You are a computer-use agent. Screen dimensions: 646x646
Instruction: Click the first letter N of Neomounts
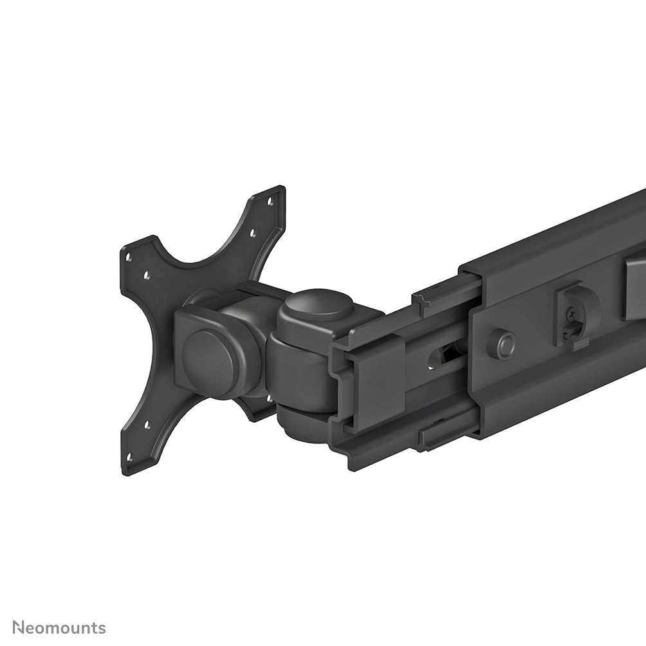coord(19,627)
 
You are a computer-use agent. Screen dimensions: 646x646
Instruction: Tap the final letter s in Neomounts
coord(102,628)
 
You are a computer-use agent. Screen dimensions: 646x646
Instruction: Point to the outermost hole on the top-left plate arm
coord(128,257)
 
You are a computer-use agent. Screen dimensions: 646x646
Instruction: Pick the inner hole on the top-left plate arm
coord(147,275)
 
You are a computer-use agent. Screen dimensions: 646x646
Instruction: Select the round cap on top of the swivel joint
coord(319,306)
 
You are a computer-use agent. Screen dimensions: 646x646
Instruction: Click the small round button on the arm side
coord(501,344)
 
